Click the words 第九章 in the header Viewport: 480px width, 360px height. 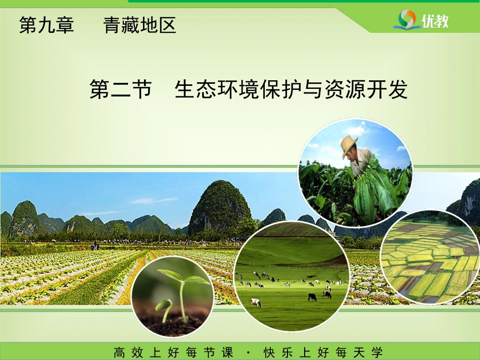tap(46, 25)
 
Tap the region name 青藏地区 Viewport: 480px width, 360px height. tap(139, 25)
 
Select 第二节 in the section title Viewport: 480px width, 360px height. tap(121, 89)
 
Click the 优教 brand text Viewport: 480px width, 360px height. tap(435, 21)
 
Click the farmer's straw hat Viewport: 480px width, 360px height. tap(349, 144)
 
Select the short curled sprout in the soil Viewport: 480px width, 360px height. tap(164, 309)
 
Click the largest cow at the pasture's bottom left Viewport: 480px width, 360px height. tap(256, 303)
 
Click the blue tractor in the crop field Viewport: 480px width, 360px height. tap(94, 246)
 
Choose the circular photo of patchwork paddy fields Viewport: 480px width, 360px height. tap(430, 256)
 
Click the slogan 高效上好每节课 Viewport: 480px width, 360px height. tap(173, 352)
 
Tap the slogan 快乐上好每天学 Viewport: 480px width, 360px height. tap(323, 352)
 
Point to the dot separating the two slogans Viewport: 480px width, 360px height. tap(248, 352)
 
